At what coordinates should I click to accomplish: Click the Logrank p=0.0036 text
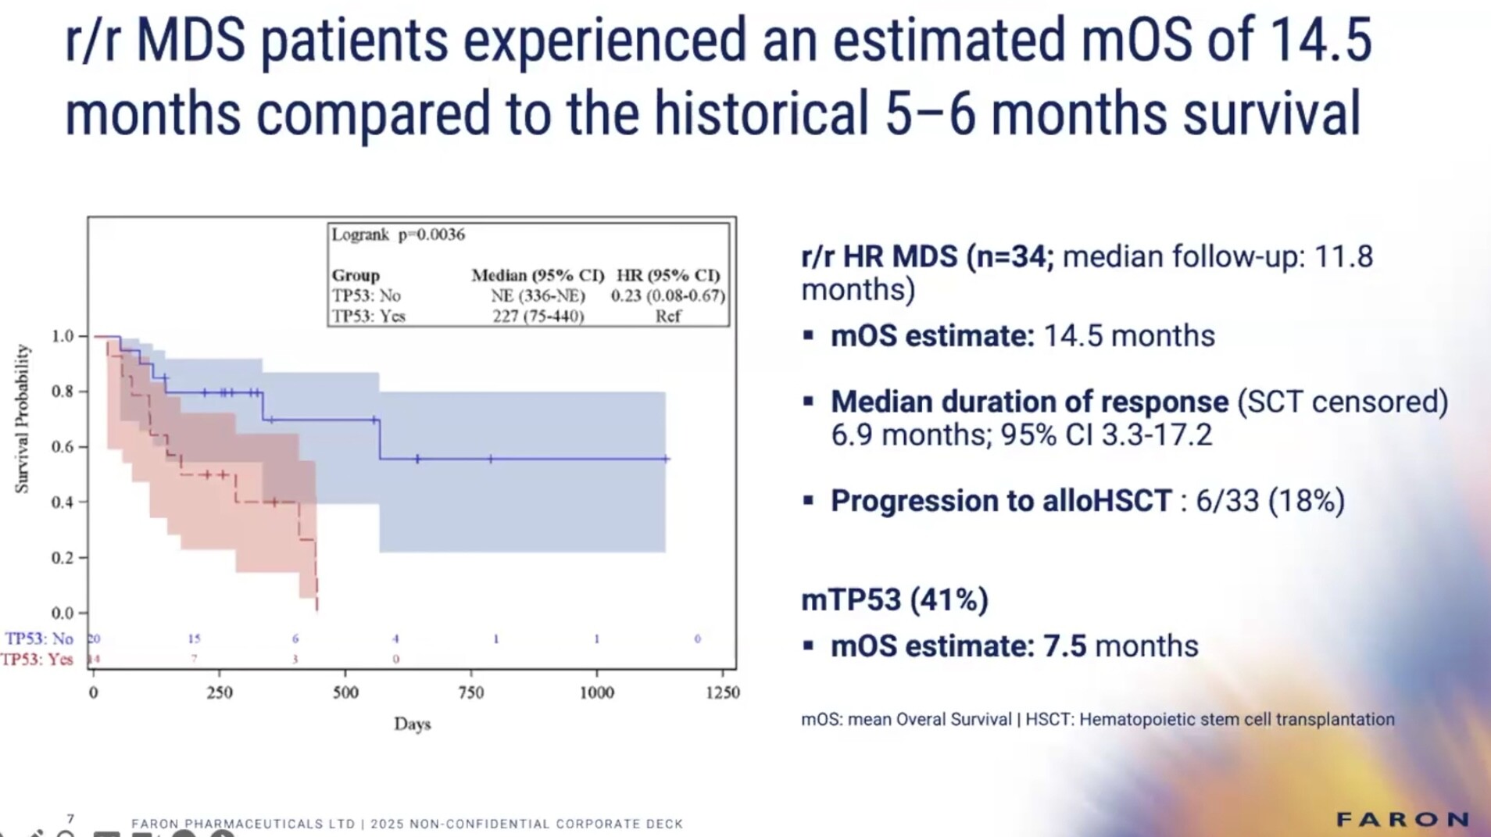coord(398,234)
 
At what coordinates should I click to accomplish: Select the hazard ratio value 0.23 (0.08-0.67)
coord(667,295)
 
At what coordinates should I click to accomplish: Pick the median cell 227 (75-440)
coord(538,316)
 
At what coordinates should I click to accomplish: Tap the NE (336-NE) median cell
coord(538,295)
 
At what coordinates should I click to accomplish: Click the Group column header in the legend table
coord(356,275)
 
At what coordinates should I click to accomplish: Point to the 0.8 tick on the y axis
coord(63,391)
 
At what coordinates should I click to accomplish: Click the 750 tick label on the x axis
coord(470,692)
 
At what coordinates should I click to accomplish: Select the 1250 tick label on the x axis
coord(722,692)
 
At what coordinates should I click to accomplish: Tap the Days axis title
coord(412,724)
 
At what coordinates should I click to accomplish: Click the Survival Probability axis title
coord(22,419)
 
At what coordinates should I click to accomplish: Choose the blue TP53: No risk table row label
coord(39,638)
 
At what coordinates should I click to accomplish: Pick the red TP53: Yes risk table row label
coord(37,659)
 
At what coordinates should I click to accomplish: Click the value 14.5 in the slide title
coord(1320,41)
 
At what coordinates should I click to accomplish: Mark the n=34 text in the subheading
coord(1010,256)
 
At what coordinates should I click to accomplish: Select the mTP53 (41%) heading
coord(895,600)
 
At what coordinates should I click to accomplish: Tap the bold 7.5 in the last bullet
coord(1064,646)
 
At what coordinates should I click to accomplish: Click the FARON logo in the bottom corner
coord(1402,819)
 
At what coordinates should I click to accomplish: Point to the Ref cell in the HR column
coord(667,316)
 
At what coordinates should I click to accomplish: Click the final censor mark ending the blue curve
coord(667,459)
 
